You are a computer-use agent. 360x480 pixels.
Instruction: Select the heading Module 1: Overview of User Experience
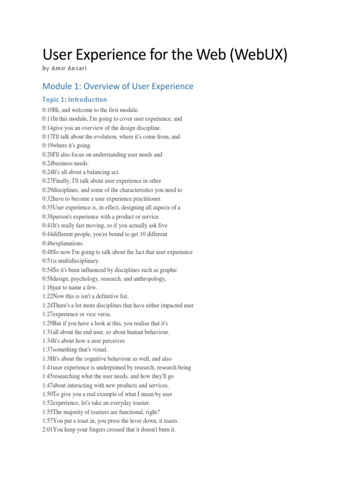[118, 86]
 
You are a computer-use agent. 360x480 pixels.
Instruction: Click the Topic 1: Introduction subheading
[75, 99]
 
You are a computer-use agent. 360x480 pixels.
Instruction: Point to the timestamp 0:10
[47, 110]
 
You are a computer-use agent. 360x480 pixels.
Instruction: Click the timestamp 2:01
[47, 430]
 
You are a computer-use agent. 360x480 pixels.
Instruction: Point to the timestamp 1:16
[47, 288]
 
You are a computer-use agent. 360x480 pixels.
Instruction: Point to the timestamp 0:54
[47, 270]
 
